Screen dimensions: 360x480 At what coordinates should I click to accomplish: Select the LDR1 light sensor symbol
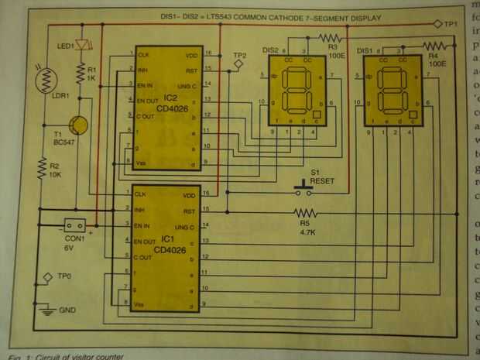[45, 79]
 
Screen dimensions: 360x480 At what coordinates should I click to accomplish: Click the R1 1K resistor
[81, 73]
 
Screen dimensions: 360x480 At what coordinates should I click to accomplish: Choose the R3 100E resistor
[331, 36]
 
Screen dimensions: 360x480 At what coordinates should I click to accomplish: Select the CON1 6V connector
[77, 225]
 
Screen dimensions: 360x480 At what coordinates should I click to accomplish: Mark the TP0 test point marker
[47, 277]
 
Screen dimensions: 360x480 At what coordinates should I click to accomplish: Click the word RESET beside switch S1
[319, 179]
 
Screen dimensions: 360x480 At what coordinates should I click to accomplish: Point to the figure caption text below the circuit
[62, 355]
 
